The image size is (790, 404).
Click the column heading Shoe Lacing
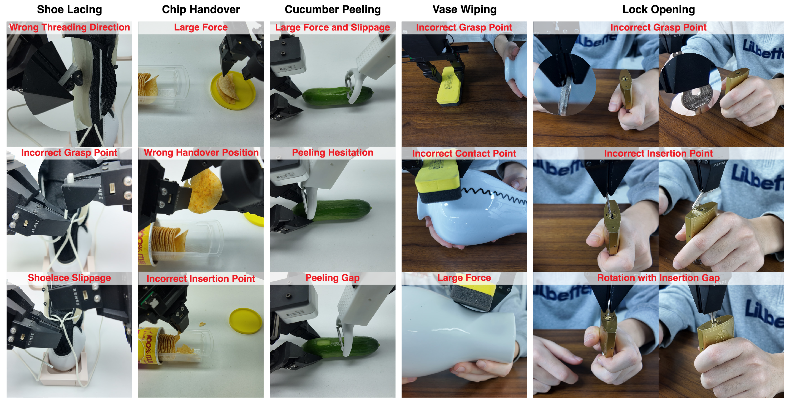(x=69, y=9)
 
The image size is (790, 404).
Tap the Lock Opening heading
(x=658, y=9)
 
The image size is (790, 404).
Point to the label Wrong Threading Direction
(x=70, y=27)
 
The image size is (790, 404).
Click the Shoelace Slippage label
(x=69, y=278)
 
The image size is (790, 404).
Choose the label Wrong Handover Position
(x=201, y=153)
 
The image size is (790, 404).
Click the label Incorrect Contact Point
(x=464, y=153)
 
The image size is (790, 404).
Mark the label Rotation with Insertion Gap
(x=658, y=278)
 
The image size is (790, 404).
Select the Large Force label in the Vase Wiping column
(x=464, y=278)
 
